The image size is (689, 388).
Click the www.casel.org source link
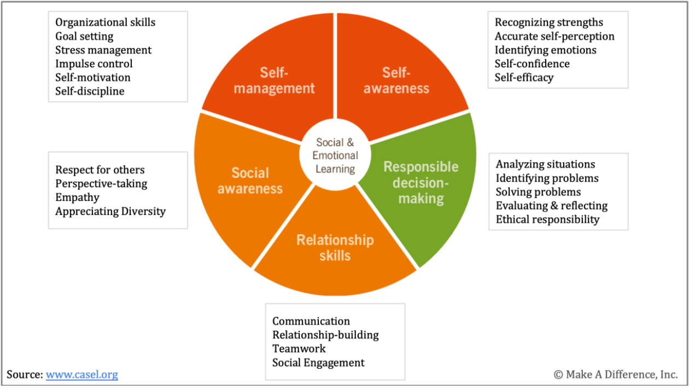[81, 375]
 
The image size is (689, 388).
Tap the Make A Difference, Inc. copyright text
[615, 375]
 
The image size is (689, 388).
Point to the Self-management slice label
[274, 80]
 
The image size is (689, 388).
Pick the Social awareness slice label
[250, 181]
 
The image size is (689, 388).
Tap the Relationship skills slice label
[335, 247]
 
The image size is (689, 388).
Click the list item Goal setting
[84, 37]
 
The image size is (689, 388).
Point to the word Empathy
[77, 198]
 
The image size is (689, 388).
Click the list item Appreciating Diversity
[110, 211]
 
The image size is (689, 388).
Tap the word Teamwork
[299, 349]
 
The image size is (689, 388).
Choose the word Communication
[311, 321]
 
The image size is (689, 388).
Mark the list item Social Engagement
[318, 362]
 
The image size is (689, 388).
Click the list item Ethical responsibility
[547, 219]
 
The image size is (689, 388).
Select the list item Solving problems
[538, 192]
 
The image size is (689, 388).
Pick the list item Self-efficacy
[524, 78]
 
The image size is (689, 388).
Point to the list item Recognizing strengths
[549, 22]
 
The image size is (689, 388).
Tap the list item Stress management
[103, 50]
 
